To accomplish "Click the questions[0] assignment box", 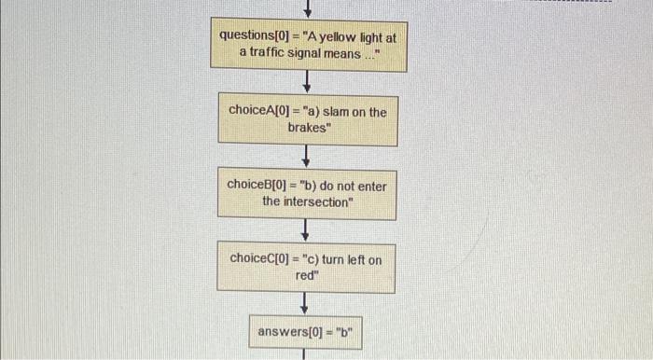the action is tap(307, 44).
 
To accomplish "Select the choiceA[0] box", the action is tap(307, 118).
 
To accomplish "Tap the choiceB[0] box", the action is tap(307, 193).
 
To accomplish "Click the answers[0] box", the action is tap(305, 331).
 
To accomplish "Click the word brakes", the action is tap(309, 127).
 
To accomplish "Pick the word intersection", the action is tap(305, 201).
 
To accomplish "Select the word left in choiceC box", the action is tap(355, 259).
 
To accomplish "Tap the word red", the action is tap(307, 275).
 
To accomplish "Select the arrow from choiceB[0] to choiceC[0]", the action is tap(306, 229).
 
